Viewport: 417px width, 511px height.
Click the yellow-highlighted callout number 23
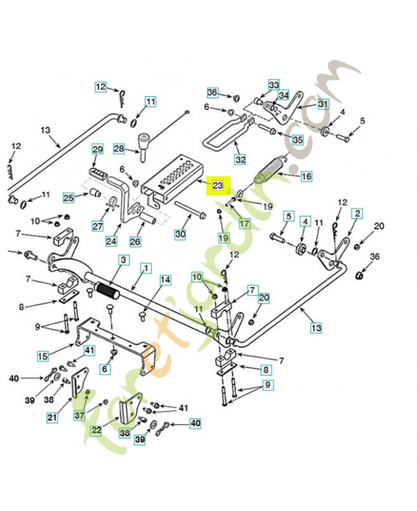pyautogui.click(x=217, y=186)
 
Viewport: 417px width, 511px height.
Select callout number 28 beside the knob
pyautogui.click(x=119, y=149)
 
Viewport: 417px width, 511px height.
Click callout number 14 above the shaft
pyautogui.click(x=165, y=280)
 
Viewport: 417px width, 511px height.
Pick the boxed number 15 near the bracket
pyautogui.click(x=43, y=355)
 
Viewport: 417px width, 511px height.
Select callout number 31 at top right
pyautogui.click(x=322, y=104)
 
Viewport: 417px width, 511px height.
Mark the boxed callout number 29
pyautogui.click(x=98, y=149)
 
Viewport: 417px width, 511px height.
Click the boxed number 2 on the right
pyautogui.click(x=357, y=213)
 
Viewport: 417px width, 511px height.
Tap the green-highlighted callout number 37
pyautogui.click(x=79, y=415)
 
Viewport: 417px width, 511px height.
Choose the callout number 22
pyautogui.click(x=96, y=430)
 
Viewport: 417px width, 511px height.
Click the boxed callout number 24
pyautogui.click(x=111, y=241)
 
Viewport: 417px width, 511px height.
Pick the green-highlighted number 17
pyautogui.click(x=244, y=224)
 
